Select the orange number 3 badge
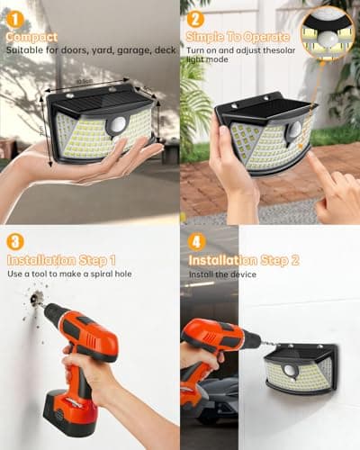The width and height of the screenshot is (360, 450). point(15,242)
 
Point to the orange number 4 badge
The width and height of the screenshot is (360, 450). point(195,242)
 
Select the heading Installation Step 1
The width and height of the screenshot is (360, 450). point(61,260)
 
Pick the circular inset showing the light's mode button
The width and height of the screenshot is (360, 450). point(327,32)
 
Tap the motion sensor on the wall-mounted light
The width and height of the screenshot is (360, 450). point(290,371)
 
